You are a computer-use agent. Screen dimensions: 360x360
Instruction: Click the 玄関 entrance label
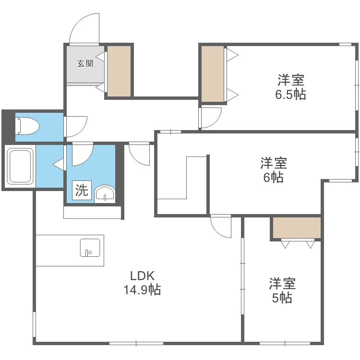[85, 63]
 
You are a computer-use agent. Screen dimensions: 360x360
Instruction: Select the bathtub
[19, 166]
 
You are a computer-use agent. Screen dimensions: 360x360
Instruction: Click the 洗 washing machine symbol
[81, 191]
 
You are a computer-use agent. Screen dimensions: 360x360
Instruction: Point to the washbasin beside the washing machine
[105, 193]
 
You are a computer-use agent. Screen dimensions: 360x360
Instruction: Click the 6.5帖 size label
[290, 94]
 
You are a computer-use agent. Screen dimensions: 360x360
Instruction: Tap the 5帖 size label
[282, 298]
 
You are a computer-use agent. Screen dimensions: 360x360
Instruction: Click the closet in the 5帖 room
[296, 228]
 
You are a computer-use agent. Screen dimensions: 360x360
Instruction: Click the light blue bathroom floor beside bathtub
[49, 166]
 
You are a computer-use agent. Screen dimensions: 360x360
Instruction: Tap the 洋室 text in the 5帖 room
[282, 283]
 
